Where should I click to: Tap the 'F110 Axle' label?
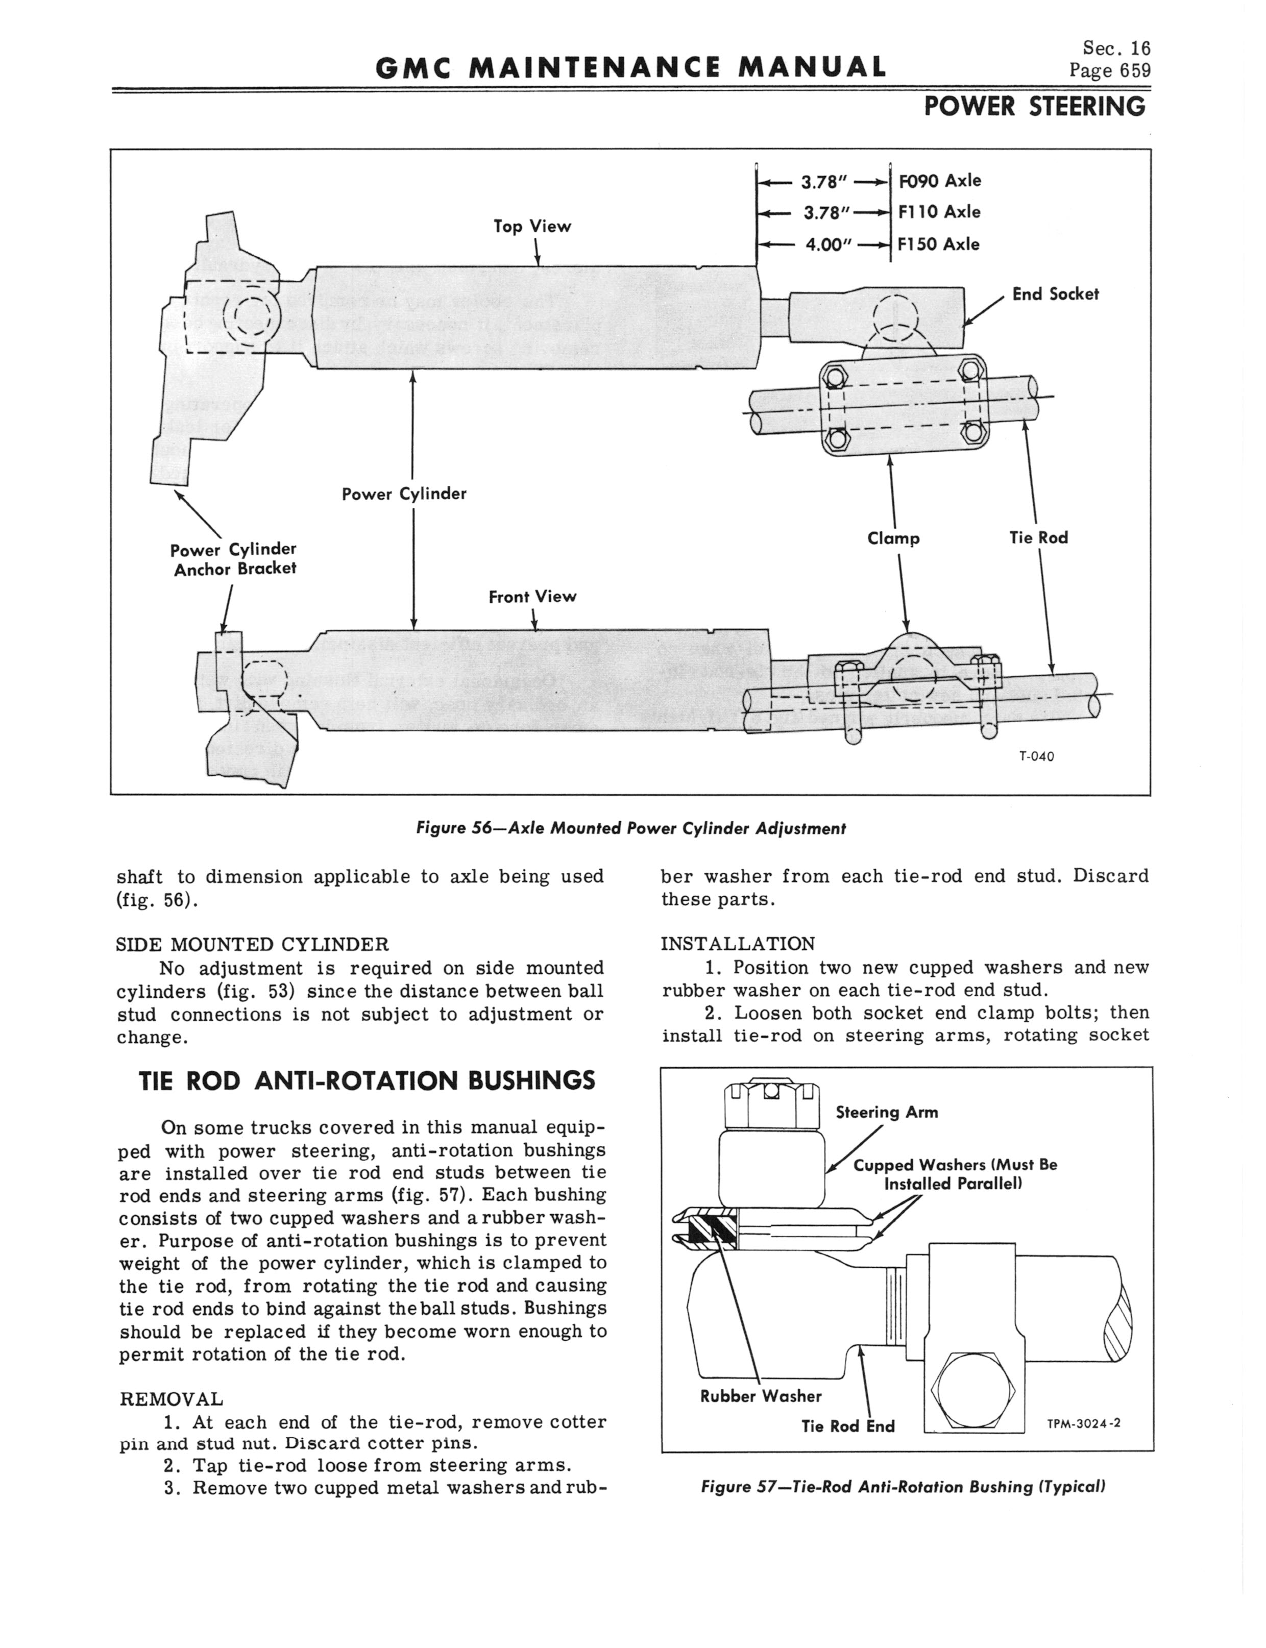pyautogui.click(x=939, y=212)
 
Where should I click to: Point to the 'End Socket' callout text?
pyautogui.click(x=1055, y=294)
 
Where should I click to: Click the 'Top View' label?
pyautogui.click(x=532, y=226)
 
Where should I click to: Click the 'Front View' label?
pyautogui.click(x=532, y=597)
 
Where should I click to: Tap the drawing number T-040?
pyautogui.click(x=1036, y=756)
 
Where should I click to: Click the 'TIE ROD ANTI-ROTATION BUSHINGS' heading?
pyautogui.click(x=368, y=1081)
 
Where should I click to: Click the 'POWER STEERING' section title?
pyautogui.click(x=1034, y=107)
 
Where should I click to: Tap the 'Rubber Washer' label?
pyautogui.click(x=760, y=1396)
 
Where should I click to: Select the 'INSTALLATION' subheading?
pyautogui.click(x=738, y=944)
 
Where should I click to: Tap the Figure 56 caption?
pyautogui.click(x=631, y=828)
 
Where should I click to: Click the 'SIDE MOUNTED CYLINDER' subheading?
pyautogui.click(x=253, y=944)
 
